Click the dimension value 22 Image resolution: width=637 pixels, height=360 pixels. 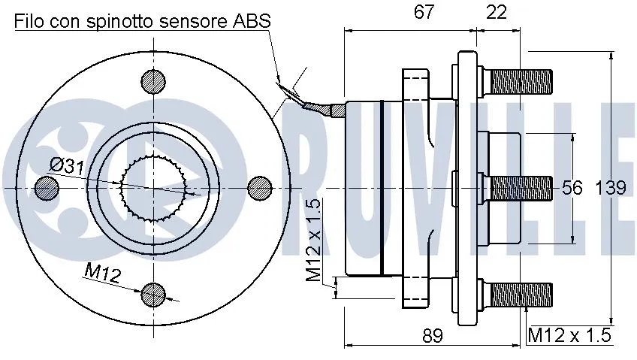[x=497, y=12]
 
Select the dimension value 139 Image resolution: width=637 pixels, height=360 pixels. [x=611, y=188]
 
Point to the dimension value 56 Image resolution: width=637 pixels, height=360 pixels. [x=572, y=188]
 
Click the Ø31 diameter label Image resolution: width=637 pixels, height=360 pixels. [x=67, y=167]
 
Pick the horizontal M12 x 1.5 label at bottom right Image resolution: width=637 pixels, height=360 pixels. [x=568, y=335]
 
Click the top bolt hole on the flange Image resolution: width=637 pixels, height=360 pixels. [x=154, y=81]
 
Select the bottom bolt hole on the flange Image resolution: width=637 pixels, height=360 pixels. [x=154, y=294]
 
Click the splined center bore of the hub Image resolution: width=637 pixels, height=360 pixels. [x=154, y=186]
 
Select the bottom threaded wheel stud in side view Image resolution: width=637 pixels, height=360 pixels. [x=520, y=295]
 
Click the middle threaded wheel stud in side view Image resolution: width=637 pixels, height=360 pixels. [x=520, y=188]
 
